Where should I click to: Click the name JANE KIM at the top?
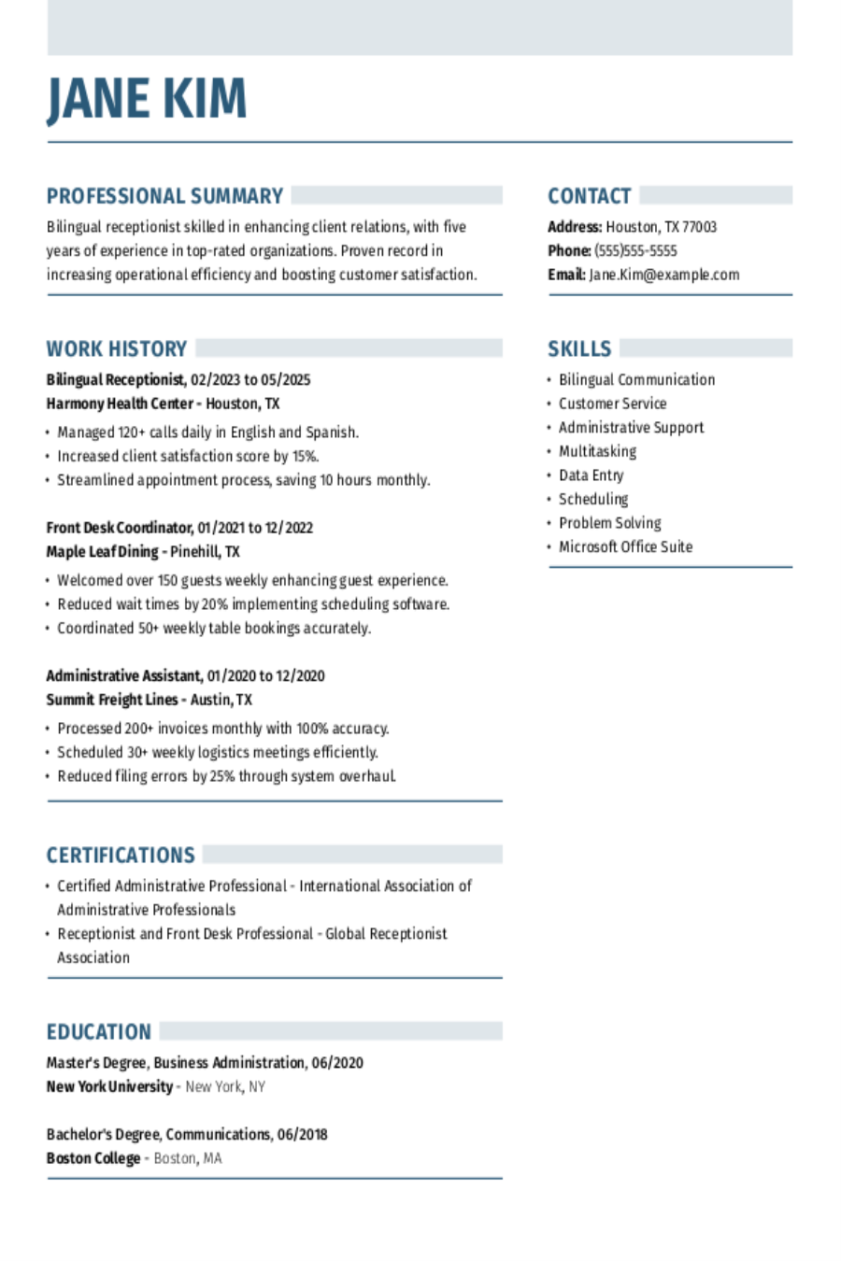[x=147, y=99]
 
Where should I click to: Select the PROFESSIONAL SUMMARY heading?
[x=164, y=196]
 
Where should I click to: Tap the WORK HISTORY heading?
[x=117, y=349]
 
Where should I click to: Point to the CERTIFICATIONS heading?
[x=121, y=856]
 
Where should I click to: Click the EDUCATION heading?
[x=98, y=1032]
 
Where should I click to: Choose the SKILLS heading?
[x=579, y=349]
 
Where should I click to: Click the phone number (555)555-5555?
[x=635, y=251]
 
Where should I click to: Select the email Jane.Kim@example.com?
[x=663, y=275]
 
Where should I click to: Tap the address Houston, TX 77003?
[x=661, y=227]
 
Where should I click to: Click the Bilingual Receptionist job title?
[x=115, y=380]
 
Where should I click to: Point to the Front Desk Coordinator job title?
[x=120, y=528]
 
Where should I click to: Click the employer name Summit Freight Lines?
[x=112, y=700]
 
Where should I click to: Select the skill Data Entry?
[x=591, y=475]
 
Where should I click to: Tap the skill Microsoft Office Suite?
[x=625, y=547]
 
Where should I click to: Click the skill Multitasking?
[x=597, y=451]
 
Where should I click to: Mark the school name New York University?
[x=109, y=1087]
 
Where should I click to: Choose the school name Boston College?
[x=93, y=1158]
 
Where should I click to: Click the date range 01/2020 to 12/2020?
[x=265, y=676]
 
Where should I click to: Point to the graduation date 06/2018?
[x=302, y=1135]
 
